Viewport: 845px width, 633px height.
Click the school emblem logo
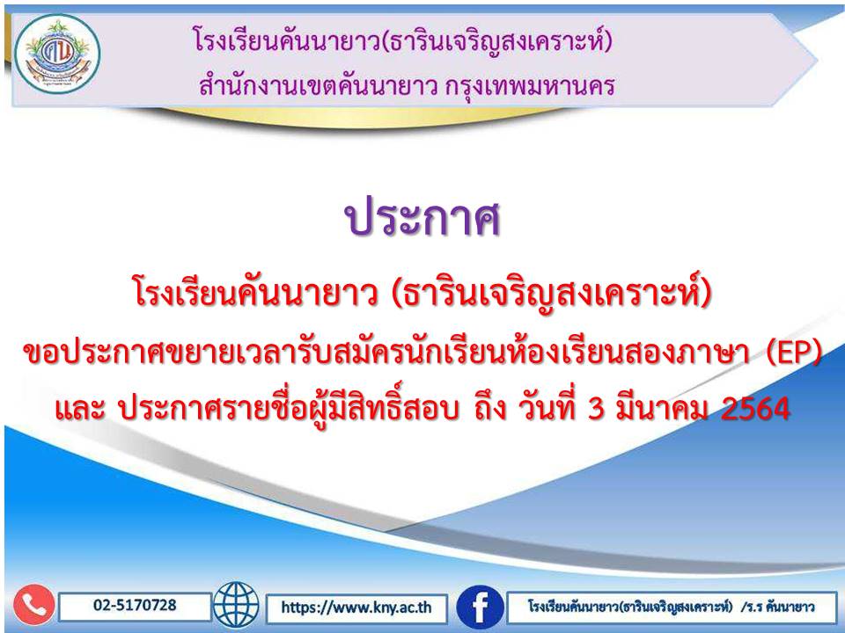tap(57, 54)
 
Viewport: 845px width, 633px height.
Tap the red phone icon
tap(34, 606)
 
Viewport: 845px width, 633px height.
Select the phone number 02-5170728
tap(135, 606)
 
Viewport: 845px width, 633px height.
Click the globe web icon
tap(236, 606)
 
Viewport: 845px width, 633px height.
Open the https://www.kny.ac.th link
tap(356, 608)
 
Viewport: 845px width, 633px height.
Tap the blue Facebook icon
tap(480, 607)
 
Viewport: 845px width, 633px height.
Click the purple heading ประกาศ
tap(423, 218)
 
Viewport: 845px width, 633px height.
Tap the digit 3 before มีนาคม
tap(596, 409)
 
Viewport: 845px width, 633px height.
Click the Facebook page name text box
tap(671, 608)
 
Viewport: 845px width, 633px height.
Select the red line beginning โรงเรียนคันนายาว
tap(423, 293)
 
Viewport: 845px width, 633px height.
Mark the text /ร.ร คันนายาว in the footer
tap(777, 608)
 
